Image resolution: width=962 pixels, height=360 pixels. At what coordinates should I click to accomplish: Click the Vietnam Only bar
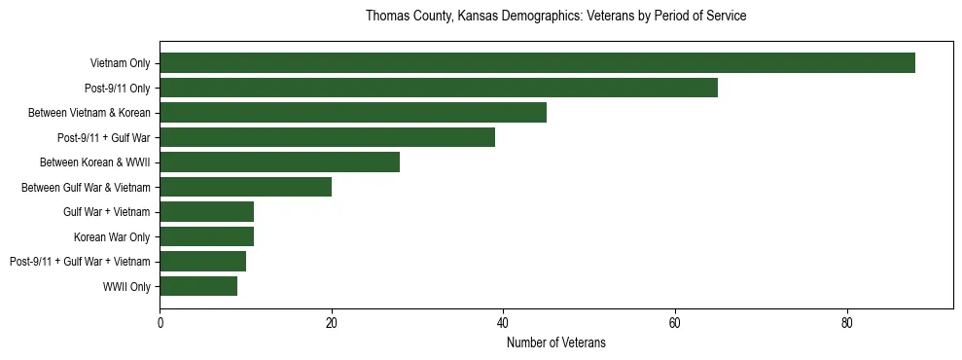click(x=537, y=63)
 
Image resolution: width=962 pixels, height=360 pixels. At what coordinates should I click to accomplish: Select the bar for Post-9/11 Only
click(x=439, y=88)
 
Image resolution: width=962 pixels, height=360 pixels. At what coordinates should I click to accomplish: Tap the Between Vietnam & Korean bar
click(x=353, y=113)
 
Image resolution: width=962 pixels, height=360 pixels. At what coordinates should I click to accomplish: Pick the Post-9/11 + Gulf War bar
click(x=327, y=137)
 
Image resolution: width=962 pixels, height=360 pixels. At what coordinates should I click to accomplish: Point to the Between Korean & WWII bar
click(x=279, y=162)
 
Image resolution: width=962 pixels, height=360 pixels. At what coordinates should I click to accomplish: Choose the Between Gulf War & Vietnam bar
click(x=245, y=187)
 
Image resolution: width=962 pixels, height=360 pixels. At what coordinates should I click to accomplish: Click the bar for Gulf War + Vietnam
click(x=206, y=211)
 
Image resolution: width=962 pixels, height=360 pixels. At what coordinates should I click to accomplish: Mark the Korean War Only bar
click(x=206, y=236)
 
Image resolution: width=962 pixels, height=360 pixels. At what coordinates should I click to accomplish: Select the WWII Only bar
click(x=198, y=286)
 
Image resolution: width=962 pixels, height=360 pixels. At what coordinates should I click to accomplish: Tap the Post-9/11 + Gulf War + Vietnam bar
click(x=202, y=261)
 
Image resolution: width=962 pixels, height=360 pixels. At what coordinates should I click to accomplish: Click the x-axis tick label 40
click(x=503, y=323)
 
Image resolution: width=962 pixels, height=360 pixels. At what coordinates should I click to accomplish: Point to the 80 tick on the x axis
click(x=846, y=323)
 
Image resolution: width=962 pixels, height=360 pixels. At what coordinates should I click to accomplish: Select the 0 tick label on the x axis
click(x=160, y=323)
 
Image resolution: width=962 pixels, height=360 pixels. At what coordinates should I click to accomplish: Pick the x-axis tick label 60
click(x=675, y=323)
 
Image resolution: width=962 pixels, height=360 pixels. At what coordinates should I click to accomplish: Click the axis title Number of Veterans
click(x=555, y=342)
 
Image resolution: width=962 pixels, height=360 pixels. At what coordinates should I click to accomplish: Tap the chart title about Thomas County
click(x=555, y=17)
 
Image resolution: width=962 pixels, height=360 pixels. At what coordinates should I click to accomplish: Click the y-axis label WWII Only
click(x=126, y=286)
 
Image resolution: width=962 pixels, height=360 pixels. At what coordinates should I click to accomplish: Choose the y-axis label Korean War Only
click(x=112, y=236)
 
